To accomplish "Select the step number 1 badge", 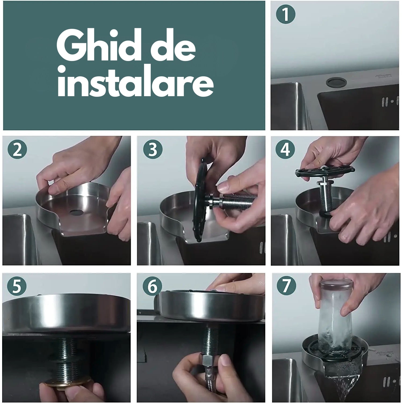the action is (286, 15).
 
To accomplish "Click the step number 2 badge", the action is (17, 150).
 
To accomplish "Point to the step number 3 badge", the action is (153, 149).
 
